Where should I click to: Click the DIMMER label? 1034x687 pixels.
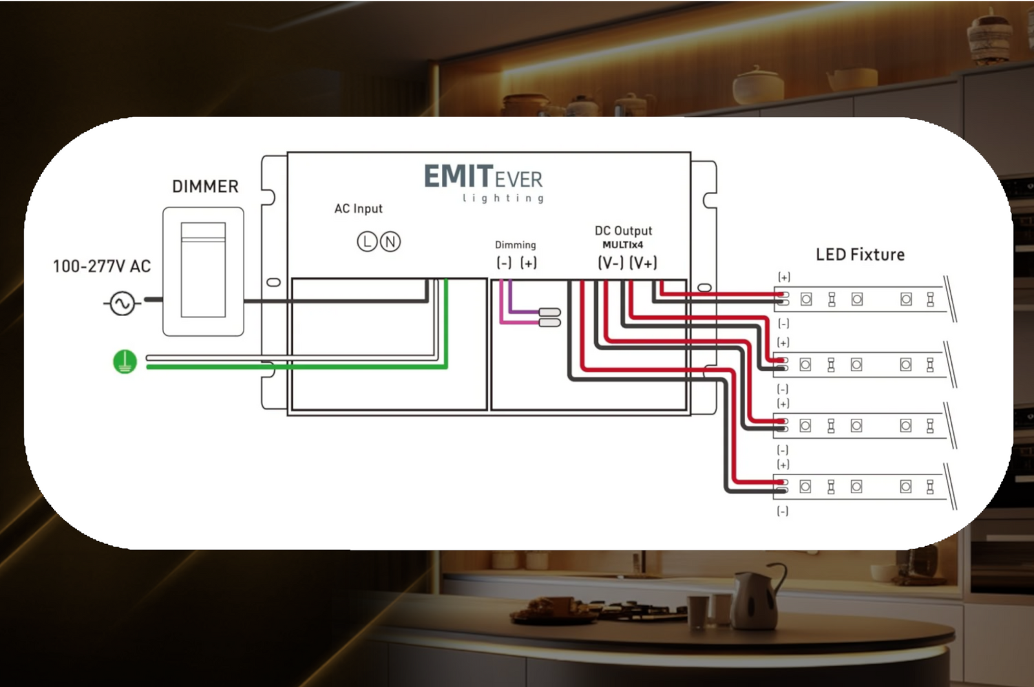pyautogui.click(x=205, y=187)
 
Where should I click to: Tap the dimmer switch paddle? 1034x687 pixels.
pyautogui.click(x=203, y=270)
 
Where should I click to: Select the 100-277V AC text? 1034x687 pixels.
pyautogui.click(x=101, y=266)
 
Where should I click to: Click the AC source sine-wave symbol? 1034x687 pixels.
pyautogui.click(x=121, y=303)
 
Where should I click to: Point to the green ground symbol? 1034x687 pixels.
pyautogui.click(x=125, y=362)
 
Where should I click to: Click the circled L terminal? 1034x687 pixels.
pyautogui.click(x=367, y=242)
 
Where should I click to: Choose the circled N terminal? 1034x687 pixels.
pyautogui.click(x=390, y=242)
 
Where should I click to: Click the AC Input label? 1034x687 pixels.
pyautogui.click(x=358, y=209)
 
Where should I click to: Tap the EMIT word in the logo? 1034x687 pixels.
pyautogui.click(x=458, y=176)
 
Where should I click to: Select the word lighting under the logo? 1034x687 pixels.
pyautogui.click(x=503, y=198)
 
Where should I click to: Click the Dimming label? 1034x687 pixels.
pyautogui.click(x=515, y=245)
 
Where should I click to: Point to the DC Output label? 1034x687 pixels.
pyautogui.click(x=623, y=231)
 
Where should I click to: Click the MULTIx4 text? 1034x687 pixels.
pyautogui.click(x=622, y=245)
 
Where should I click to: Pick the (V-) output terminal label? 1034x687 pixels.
pyautogui.click(x=611, y=263)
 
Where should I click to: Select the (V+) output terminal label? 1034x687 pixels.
pyautogui.click(x=643, y=263)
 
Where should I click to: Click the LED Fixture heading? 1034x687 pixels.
pyautogui.click(x=860, y=255)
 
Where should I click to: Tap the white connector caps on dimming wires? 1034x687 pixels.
pyautogui.click(x=549, y=317)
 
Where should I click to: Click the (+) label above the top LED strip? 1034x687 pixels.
pyautogui.click(x=784, y=277)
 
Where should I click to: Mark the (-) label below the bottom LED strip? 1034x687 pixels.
pyautogui.click(x=783, y=511)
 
